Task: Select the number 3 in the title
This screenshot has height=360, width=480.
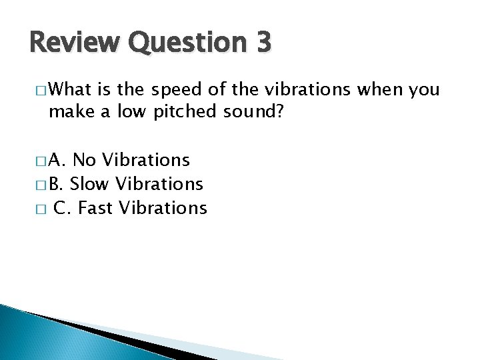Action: tap(262, 43)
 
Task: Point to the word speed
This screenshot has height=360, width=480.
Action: tap(174, 89)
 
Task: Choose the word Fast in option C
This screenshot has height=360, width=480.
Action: tap(95, 207)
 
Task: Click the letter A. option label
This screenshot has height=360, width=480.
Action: tap(57, 160)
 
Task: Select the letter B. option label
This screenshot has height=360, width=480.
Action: tap(57, 183)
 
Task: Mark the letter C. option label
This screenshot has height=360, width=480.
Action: tap(62, 207)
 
